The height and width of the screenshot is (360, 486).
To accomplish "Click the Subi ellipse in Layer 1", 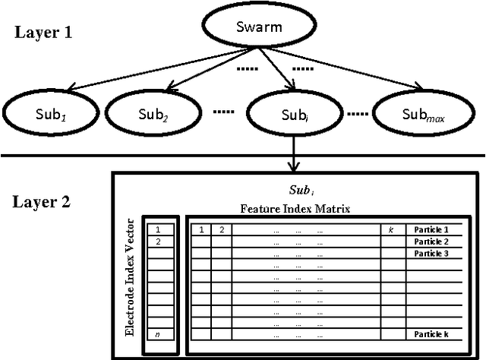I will coord(292,115).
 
